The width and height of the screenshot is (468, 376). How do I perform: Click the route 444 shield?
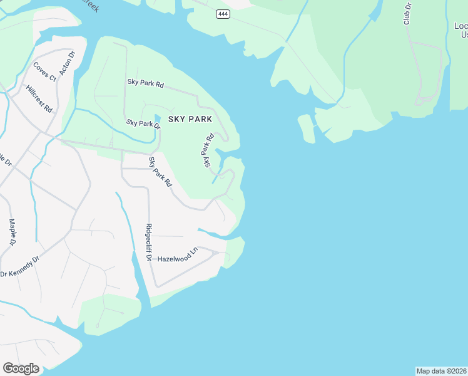[223, 14]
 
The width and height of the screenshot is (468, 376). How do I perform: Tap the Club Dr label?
[407, 13]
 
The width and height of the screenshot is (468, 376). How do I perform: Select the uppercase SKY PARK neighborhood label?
[190, 118]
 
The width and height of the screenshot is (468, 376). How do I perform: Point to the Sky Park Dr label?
[143, 123]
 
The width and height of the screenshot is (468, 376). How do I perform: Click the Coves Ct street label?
[44, 71]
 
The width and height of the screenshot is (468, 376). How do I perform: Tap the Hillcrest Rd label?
[39, 98]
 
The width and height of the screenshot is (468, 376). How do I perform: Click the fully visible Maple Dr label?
[13, 232]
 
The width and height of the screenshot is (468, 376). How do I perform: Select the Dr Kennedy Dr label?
[19, 266]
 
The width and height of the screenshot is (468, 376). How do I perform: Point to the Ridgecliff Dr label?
[149, 243]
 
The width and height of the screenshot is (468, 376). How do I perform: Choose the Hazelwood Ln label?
[177, 258]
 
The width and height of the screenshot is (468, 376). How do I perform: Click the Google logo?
[21, 368]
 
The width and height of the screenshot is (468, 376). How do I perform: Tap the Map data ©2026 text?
[441, 371]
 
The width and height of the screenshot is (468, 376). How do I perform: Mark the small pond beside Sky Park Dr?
[157, 118]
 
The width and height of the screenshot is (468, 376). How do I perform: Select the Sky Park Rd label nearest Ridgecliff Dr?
[160, 172]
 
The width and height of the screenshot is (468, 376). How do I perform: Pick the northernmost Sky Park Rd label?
[145, 82]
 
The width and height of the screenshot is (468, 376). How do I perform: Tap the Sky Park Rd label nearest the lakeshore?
[208, 149]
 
